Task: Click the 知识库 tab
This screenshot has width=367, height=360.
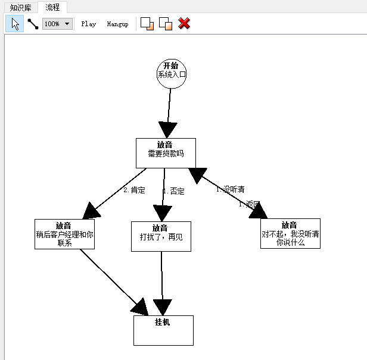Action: point(21,8)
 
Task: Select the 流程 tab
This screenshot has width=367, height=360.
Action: point(52,8)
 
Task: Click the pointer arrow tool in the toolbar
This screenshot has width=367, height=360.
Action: point(15,24)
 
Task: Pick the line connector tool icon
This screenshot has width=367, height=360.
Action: point(33,24)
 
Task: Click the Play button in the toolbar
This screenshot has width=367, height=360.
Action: point(89,24)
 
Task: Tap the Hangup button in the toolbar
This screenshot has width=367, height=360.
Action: point(117,24)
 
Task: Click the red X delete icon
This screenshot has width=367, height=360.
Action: point(185,24)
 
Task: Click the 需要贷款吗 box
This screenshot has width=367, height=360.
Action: point(166,153)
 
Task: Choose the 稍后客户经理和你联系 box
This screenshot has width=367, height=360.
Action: point(64,234)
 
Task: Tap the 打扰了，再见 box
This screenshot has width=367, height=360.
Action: point(161,236)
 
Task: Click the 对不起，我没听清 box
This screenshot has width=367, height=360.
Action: point(290,233)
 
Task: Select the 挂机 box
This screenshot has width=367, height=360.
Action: point(163,330)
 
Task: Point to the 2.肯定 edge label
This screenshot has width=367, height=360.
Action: point(134,190)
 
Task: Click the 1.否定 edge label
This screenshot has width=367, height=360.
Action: point(173,192)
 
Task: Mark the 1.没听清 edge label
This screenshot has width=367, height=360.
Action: point(230,189)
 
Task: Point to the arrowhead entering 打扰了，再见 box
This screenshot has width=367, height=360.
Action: point(163,213)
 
